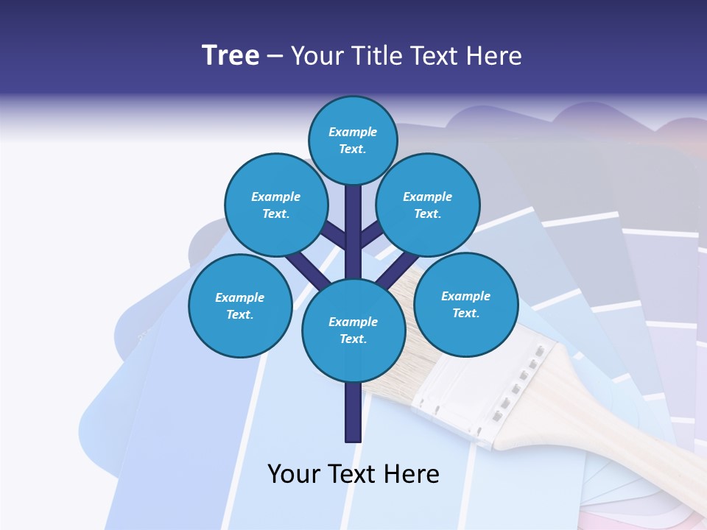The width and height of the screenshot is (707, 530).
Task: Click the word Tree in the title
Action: [231, 56]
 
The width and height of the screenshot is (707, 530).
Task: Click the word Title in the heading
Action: [375, 56]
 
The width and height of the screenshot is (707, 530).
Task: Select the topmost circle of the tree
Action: [353, 140]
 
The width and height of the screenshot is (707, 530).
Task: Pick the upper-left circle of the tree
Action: [275, 205]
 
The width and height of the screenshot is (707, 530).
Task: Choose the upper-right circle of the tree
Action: [428, 205]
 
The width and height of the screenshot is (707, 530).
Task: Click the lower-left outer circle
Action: [239, 305]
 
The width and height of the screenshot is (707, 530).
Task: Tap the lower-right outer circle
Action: [465, 304]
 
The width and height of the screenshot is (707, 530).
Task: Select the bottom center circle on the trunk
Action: [353, 331]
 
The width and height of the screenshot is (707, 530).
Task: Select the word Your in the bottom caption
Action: [293, 474]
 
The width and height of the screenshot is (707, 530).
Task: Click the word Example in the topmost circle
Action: [353, 132]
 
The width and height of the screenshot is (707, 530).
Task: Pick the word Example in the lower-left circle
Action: [239, 297]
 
